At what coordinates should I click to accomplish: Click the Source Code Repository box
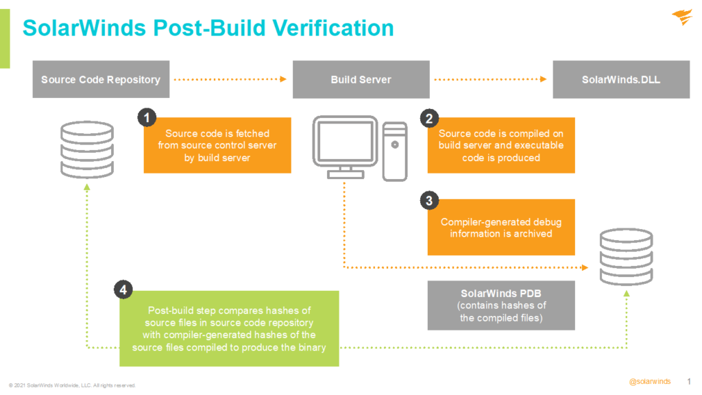[101, 80]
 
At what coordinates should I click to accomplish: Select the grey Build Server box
[361, 80]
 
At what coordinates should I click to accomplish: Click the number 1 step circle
[145, 118]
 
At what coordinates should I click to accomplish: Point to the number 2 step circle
[429, 118]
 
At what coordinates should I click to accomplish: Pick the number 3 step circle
[429, 200]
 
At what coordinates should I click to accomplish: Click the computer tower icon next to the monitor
[395, 151]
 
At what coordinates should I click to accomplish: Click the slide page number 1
[688, 381]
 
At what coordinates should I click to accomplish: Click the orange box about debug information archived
[500, 228]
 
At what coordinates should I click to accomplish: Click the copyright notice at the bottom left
[73, 385]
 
